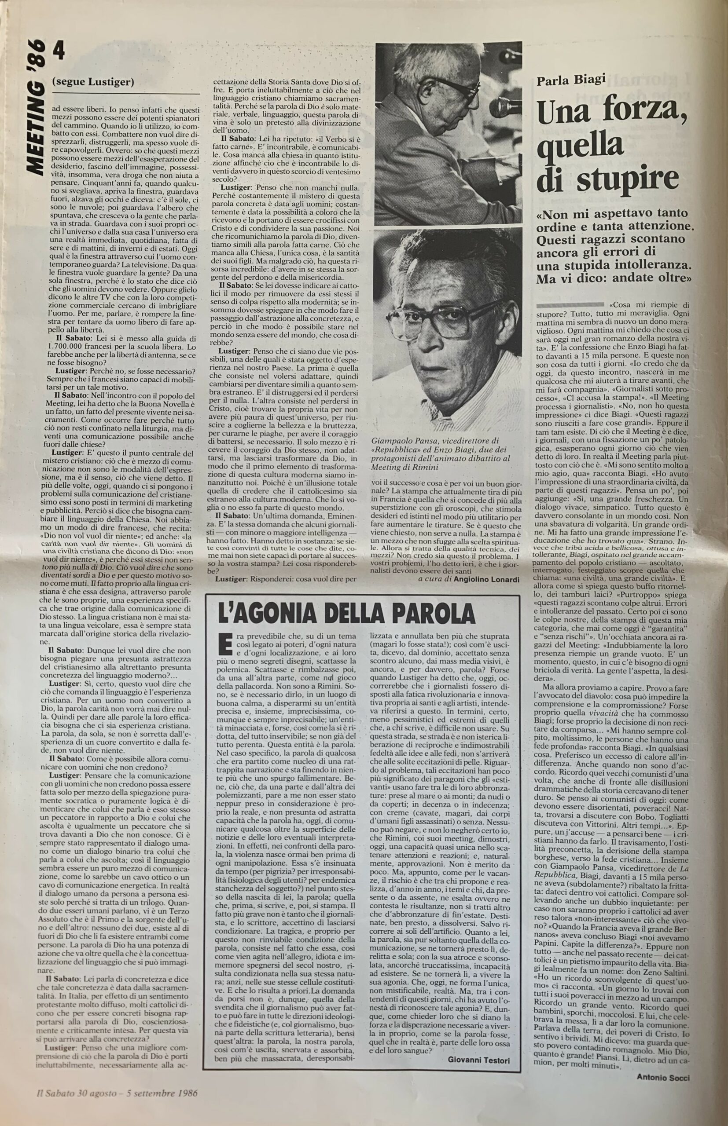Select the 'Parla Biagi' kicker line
[571, 80]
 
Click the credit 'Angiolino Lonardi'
[487, 580]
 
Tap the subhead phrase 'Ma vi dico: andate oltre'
[615, 279]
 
